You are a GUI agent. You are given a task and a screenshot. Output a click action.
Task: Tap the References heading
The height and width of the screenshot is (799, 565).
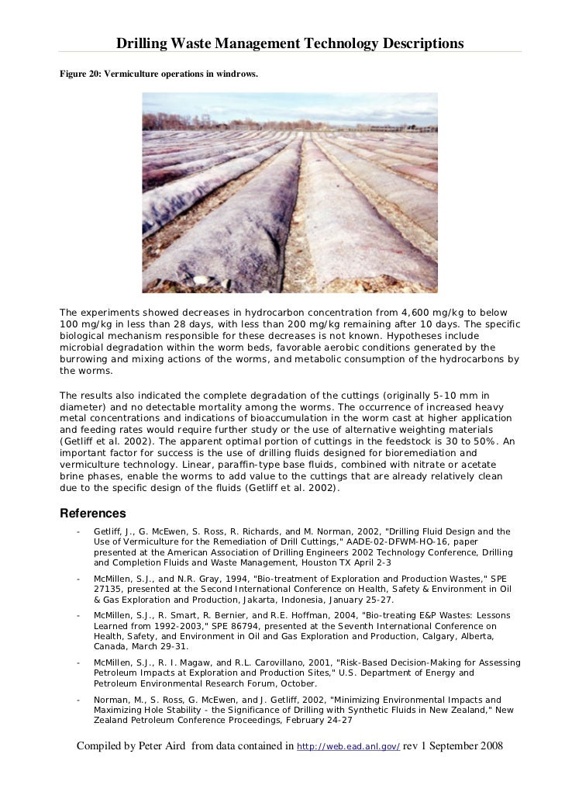92,514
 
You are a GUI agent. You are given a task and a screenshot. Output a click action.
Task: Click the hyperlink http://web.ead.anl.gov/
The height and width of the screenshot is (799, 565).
349,746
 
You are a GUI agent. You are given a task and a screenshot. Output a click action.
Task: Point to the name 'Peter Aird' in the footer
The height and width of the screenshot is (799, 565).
168,745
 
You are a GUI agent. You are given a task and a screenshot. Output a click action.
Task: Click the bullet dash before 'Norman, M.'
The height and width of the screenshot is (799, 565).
78,700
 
